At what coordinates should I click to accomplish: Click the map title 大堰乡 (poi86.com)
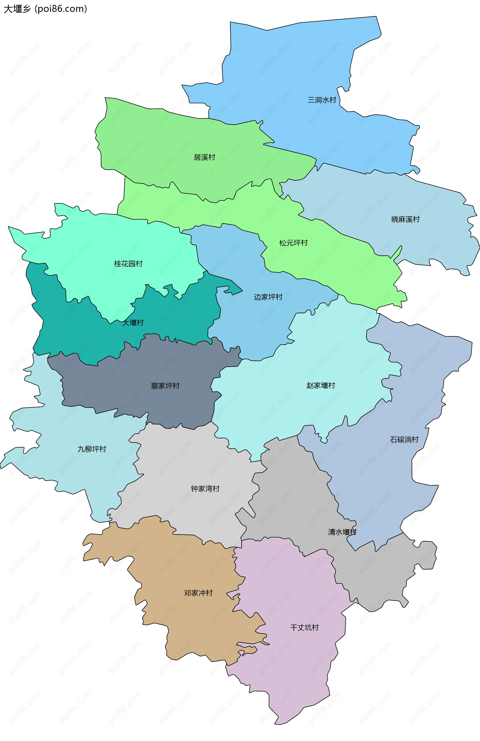pyautogui.click(x=45, y=9)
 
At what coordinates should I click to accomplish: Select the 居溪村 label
pyautogui.click(x=204, y=158)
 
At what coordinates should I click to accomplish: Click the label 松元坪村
pyautogui.click(x=293, y=243)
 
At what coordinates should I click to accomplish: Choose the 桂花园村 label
pyautogui.click(x=128, y=264)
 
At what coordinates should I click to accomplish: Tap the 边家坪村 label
pyautogui.click(x=268, y=297)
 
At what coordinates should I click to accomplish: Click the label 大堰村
pyautogui.click(x=133, y=323)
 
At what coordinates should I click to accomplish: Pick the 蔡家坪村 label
pyautogui.click(x=165, y=386)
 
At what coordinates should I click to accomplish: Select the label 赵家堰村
pyautogui.click(x=320, y=385)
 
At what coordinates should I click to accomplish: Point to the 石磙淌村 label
pyautogui.click(x=404, y=440)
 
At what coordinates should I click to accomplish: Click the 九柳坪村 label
pyautogui.click(x=92, y=449)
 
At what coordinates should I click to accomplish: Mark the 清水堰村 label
pyautogui.click(x=342, y=532)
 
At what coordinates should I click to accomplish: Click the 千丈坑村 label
pyautogui.click(x=304, y=628)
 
